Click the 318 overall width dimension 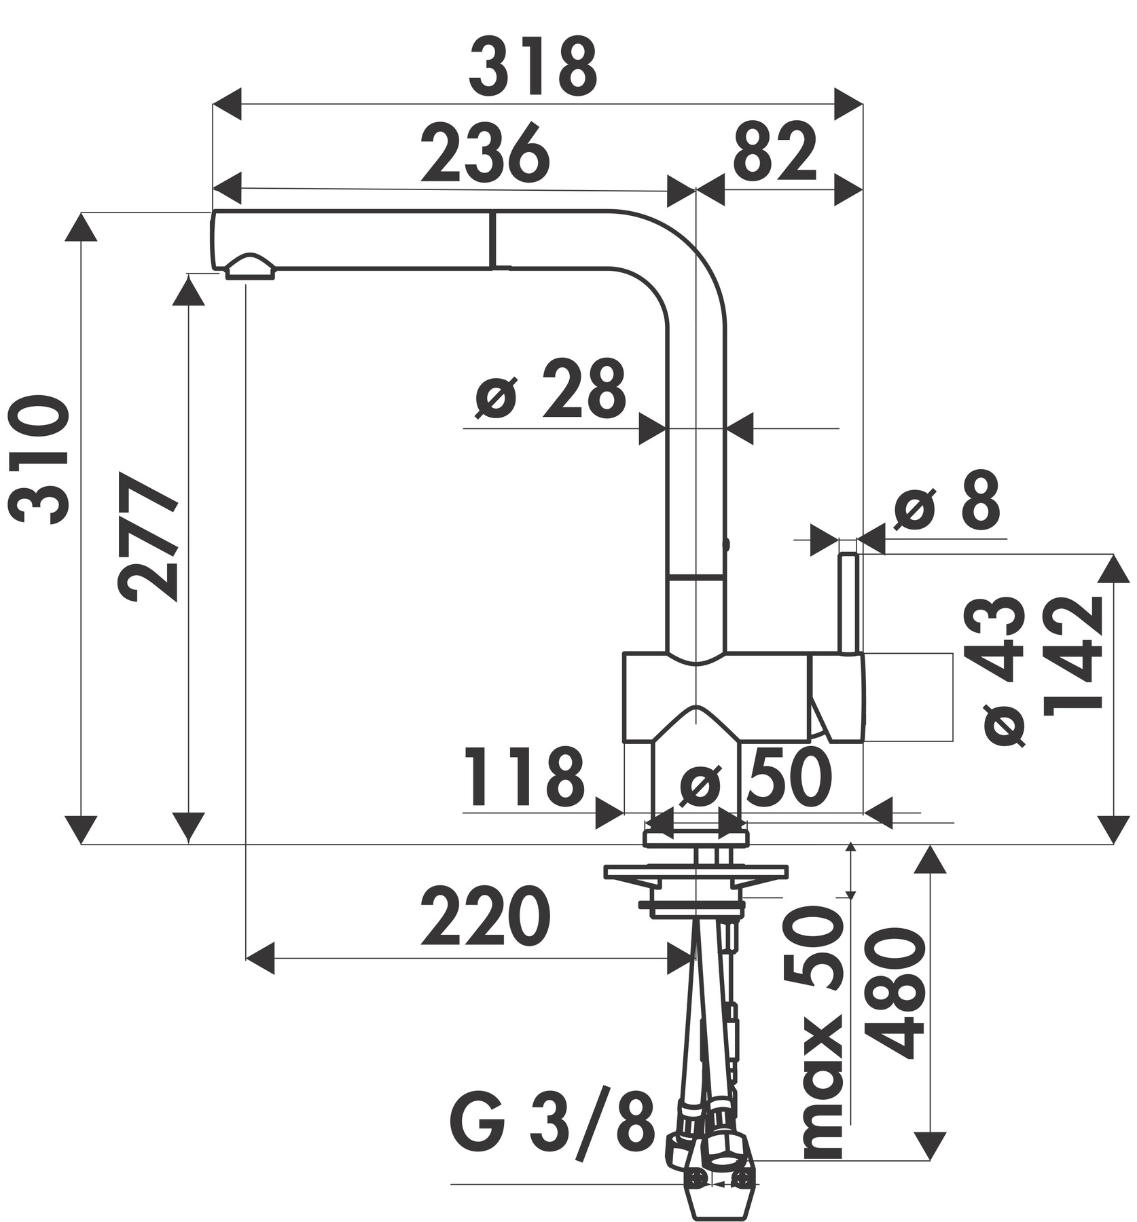[x=533, y=68]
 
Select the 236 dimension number [x=484, y=154]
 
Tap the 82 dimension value [x=774, y=154]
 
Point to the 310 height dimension [x=42, y=462]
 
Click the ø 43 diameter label [x=1003, y=671]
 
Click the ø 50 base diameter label [x=756, y=779]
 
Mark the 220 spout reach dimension [x=485, y=916]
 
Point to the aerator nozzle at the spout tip [x=250, y=268]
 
